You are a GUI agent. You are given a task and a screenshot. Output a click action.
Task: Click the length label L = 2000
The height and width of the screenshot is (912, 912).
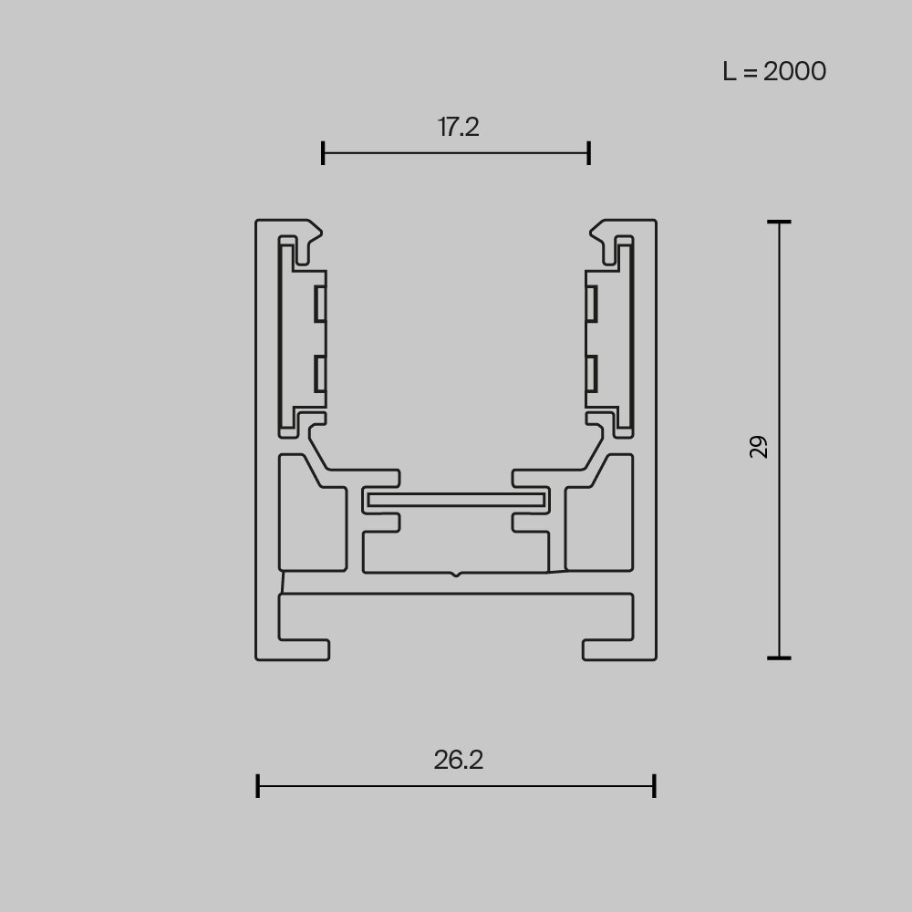[774, 71]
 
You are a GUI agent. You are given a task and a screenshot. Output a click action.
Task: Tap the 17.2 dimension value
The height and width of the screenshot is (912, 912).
[458, 127]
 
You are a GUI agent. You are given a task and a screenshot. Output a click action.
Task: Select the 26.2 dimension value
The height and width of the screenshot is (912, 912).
[458, 760]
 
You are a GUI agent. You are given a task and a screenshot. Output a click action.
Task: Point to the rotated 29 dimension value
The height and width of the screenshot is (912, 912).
[759, 446]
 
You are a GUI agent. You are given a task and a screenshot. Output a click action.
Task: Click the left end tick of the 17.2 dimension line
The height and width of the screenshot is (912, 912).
[323, 153]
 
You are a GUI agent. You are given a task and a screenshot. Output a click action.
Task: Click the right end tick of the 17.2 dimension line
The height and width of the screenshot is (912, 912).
[589, 153]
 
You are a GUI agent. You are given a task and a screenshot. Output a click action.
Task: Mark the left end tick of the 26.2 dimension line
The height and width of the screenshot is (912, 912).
[258, 785]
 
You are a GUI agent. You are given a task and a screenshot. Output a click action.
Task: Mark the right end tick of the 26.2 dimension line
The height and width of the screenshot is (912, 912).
[654, 785]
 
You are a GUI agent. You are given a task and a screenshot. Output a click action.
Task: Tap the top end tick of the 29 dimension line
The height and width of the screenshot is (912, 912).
[779, 222]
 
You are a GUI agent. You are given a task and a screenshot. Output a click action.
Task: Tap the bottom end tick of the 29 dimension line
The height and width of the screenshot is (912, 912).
[779, 657]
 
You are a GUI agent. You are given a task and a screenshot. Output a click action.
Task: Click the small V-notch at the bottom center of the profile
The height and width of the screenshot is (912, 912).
[456, 575]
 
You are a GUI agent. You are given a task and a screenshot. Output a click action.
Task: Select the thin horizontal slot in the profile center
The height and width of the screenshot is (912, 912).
[456, 500]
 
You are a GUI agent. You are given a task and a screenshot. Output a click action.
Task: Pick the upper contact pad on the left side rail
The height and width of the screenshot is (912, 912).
[320, 304]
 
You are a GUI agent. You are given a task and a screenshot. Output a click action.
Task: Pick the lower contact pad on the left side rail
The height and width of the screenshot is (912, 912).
[320, 373]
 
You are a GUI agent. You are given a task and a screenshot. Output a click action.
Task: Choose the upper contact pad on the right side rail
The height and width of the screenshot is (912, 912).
[592, 304]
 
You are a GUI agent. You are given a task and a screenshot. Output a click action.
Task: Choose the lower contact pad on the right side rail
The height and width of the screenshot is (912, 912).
[592, 373]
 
